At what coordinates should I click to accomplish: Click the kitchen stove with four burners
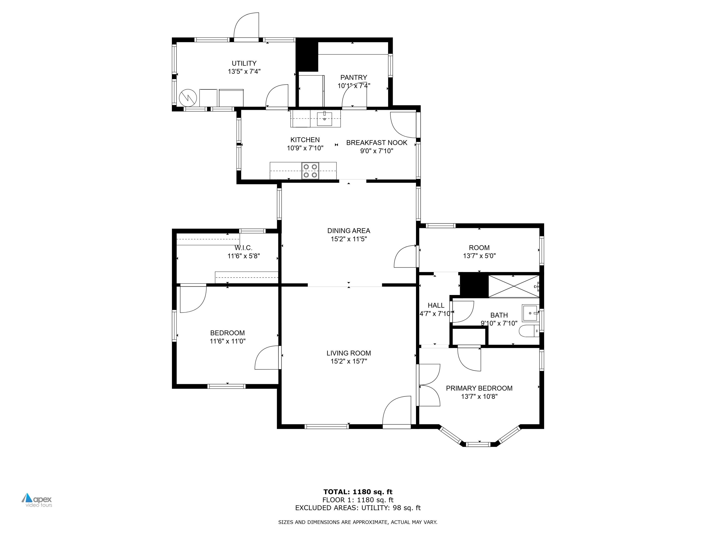point(310,171)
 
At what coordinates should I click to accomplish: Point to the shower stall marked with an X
point(513,286)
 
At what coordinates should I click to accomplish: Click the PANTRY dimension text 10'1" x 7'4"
point(353,86)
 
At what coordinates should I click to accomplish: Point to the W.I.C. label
point(243,248)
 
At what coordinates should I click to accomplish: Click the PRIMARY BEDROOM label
point(479,388)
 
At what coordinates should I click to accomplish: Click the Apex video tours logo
point(37,500)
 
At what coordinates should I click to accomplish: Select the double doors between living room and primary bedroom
point(429,385)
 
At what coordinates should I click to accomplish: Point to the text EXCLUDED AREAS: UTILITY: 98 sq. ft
point(358,508)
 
